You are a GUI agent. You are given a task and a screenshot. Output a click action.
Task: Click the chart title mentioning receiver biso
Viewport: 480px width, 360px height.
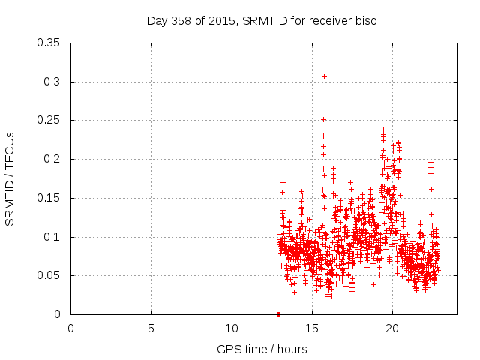(x=261, y=21)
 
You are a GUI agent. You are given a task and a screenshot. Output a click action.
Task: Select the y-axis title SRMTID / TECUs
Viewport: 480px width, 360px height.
(x=10, y=178)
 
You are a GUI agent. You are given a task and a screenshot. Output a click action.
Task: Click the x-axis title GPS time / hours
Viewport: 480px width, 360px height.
(x=261, y=349)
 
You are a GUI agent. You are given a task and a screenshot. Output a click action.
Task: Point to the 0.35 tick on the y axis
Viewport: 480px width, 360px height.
(x=51, y=43)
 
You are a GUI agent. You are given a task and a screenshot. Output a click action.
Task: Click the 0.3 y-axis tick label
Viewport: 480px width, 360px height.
(x=54, y=82)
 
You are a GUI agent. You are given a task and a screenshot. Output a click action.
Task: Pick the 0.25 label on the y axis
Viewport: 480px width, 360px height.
(x=51, y=120)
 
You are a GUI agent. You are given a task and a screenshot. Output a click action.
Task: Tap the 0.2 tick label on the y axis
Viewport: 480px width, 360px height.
(x=54, y=159)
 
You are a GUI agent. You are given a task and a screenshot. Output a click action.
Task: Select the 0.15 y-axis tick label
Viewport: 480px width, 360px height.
(x=51, y=198)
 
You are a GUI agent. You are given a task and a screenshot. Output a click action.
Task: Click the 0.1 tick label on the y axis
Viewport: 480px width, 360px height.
(x=54, y=237)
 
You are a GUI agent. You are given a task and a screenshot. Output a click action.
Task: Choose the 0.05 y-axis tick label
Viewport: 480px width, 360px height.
(x=51, y=275)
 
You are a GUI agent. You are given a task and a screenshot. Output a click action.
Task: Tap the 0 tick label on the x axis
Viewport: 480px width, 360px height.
(x=70, y=328)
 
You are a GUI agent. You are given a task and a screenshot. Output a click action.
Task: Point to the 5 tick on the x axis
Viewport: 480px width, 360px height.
(x=151, y=328)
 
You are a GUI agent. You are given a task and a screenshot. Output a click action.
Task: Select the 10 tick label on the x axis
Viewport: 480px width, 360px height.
(x=232, y=328)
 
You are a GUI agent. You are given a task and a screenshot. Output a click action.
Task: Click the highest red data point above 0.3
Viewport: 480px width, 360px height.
(x=324, y=76)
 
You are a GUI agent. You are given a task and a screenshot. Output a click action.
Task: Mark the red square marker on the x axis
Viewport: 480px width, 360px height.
(x=278, y=313)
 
